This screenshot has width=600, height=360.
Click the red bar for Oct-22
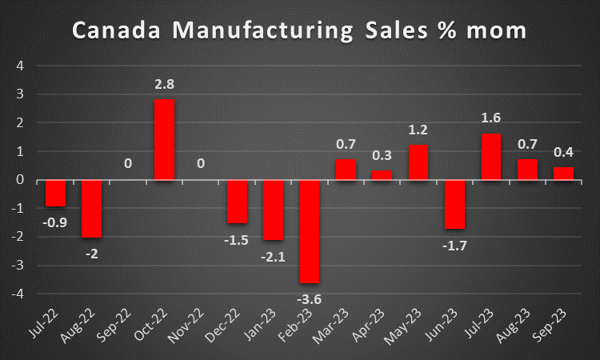pyautogui.click(x=164, y=139)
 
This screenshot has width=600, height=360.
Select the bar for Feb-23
pyautogui.click(x=310, y=231)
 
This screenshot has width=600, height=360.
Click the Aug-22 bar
pyautogui.click(x=91, y=209)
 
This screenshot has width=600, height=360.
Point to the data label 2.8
pyautogui.click(x=164, y=84)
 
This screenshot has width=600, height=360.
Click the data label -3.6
pyautogui.click(x=310, y=298)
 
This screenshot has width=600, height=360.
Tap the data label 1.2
pyautogui.click(x=419, y=130)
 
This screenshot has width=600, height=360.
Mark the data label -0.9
pyautogui.click(x=55, y=222)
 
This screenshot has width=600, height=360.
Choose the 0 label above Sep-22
pyautogui.click(x=128, y=164)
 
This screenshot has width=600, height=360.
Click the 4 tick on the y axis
pyautogui.click(x=20, y=66)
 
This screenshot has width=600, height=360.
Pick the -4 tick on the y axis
pyautogui.click(x=18, y=294)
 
